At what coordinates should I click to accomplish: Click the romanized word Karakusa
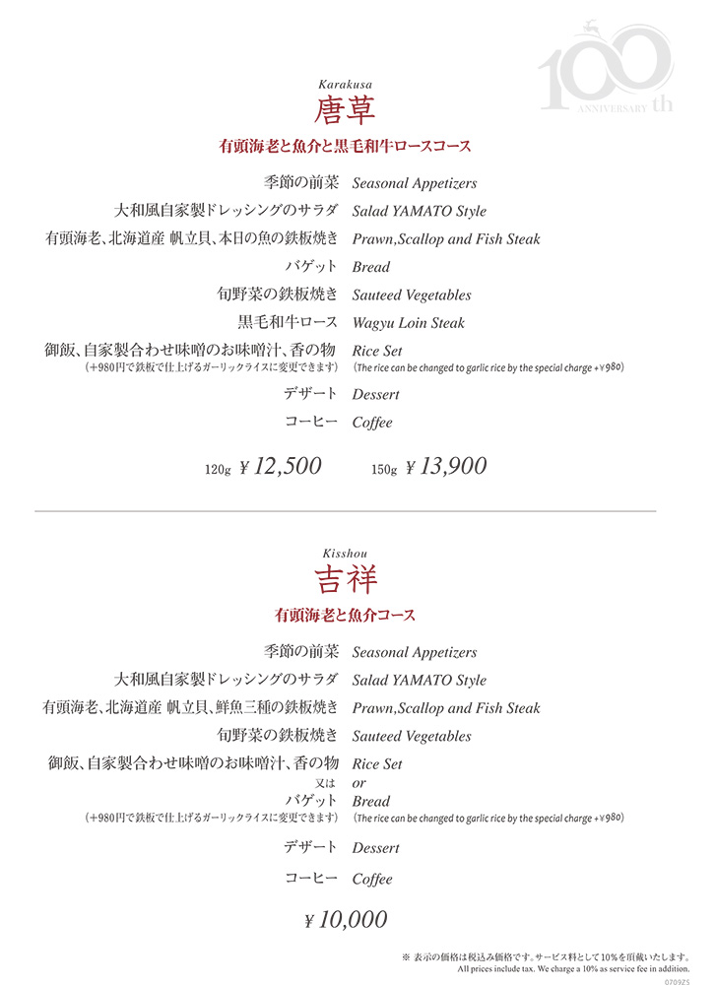point(345,85)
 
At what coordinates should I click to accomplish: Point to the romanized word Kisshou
point(345,554)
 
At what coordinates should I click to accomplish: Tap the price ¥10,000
point(346,920)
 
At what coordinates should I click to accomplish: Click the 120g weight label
point(217,470)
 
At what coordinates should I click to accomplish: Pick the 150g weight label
point(384,470)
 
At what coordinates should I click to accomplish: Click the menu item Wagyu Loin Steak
point(408,323)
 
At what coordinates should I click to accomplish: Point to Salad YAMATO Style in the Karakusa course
point(419,212)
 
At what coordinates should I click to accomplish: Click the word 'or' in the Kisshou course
point(359,783)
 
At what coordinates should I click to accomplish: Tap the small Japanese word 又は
point(327,783)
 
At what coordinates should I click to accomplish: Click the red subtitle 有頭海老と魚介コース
point(345,616)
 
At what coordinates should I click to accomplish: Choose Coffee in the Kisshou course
point(372,879)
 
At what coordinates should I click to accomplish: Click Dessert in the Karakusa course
point(375,395)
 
